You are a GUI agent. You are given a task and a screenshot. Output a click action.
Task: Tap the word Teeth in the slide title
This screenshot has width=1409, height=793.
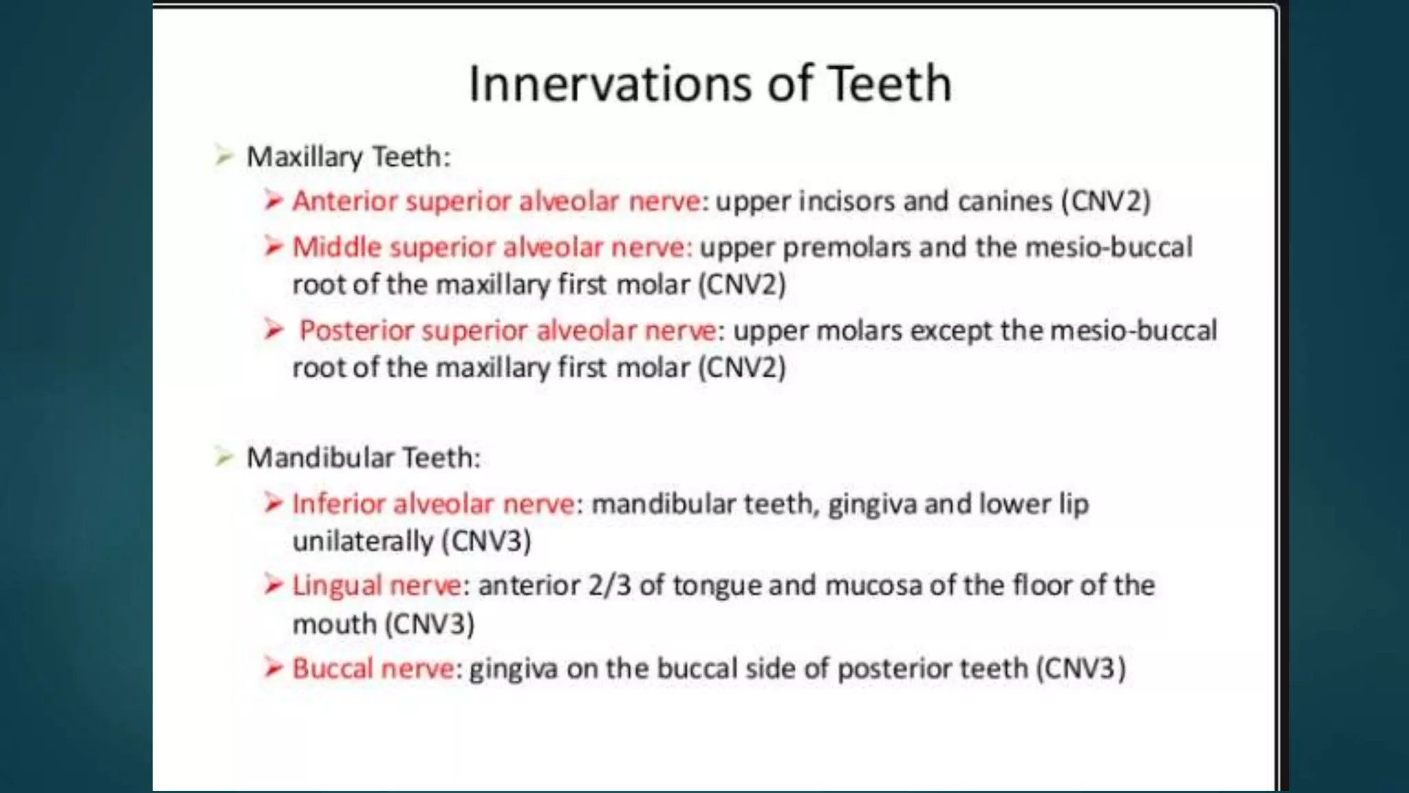pyautogui.click(x=889, y=83)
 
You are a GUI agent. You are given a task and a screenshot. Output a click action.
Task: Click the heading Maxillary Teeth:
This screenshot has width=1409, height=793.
pyautogui.click(x=348, y=157)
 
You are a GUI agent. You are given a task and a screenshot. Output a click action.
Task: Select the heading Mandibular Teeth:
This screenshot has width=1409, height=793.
pyautogui.click(x=363, y=458)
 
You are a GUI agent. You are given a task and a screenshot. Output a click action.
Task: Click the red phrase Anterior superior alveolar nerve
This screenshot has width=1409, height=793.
pyautogui.click(x=496, y=201)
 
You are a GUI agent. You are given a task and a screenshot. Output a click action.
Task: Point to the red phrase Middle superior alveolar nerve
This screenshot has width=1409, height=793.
pyautogui.click(x=489, y=247)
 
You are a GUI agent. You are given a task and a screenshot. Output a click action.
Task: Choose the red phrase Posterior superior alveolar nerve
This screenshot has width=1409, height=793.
pyautogui.click(x=508, y=330)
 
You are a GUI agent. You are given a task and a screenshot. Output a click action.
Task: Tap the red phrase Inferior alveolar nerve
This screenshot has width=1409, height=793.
pyautogui.click(x=433, y=504)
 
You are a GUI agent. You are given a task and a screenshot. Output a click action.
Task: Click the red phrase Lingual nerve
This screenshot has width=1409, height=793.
pyautogui.click(x=376, y=586)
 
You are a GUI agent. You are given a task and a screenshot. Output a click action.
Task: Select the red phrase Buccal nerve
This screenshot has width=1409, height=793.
pyautogui.click(x=373, y=668)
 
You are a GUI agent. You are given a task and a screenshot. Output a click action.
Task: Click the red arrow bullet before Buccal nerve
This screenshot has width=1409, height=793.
pyautogui.click(x=274, y=668)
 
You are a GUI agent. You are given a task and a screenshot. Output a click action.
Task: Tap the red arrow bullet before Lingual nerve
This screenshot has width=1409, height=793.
pyautogui.click(x=274, y=585)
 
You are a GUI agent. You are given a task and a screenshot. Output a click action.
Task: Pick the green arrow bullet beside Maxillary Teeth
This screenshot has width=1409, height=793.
pyautogui.click(x=224, y=156)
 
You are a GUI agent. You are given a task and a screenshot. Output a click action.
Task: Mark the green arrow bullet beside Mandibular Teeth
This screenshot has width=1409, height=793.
pyautogui.click(x=224, y=456)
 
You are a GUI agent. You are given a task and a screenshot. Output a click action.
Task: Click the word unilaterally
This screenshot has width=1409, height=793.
pyautogui.click(x=363, y=541)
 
